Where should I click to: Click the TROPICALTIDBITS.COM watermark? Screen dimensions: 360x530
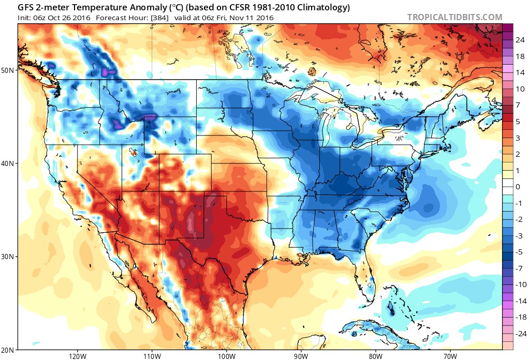(x=454, y=17)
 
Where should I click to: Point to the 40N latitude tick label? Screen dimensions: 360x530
(x=9, y=163)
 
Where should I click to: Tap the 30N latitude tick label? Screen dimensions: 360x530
(x=9, y=257)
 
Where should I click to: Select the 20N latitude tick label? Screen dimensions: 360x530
(x=9, y=350)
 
